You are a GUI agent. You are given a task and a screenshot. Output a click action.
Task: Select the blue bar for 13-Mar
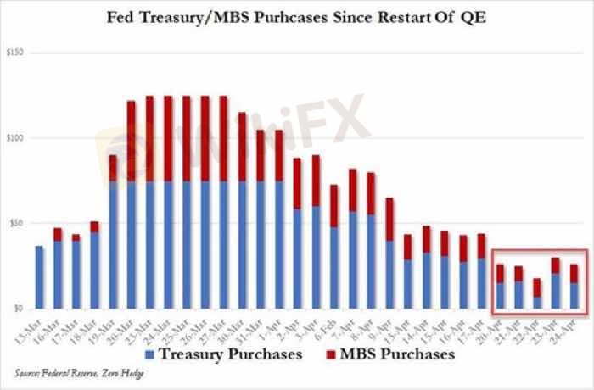coord(40,276)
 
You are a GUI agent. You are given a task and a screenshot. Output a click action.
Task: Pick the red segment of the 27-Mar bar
coord(224,138)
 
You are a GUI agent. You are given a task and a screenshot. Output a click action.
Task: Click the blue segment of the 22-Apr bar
coord(536,303)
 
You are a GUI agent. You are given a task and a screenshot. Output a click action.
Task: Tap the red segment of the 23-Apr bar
coord(555,265)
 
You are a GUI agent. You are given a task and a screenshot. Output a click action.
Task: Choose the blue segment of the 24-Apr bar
coord(574,295)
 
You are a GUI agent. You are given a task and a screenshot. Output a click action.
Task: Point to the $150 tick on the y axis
coord(15,53)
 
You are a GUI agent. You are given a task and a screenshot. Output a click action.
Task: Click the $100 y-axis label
coord(15,138)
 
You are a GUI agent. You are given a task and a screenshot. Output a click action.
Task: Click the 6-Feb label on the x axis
coord(329,325)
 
